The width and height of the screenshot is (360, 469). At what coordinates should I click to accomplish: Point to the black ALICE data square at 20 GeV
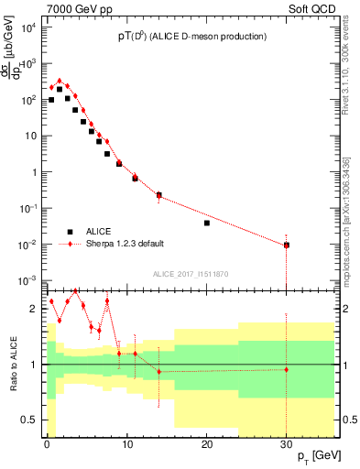pos(207,223)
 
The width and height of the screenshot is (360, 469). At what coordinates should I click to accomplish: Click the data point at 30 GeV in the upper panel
pos(287,245)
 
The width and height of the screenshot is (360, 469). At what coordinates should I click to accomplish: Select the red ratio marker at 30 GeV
pos(287,369)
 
